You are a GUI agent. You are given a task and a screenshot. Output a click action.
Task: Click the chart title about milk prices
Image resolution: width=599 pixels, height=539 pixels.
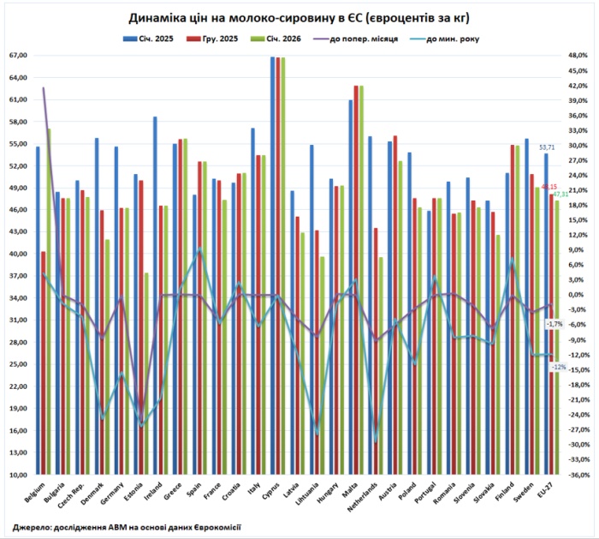pyautogui.click(x=299, y=17)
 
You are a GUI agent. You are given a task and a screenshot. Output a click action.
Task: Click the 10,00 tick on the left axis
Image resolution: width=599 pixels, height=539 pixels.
pyautogui.click(x=19, y=474)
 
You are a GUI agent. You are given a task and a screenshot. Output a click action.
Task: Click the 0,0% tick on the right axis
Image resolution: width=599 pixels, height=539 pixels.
pyautogui.click(x=579, y=295)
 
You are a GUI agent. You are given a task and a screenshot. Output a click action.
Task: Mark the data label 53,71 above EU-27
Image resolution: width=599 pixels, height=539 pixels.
pyautogui.click(x=547, y=147)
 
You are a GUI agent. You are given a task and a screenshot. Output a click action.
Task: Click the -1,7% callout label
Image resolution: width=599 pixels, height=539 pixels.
pyautogui.click(x=555, y=324)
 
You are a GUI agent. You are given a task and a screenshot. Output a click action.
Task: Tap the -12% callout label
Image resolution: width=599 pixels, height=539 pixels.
pyautogui.click(x=558, y=367)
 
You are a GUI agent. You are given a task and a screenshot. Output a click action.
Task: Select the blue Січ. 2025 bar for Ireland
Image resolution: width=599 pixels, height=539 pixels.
pyautogui.click(x=155, y=295)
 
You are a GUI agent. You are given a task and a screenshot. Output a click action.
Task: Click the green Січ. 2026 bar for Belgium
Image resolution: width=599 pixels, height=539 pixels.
pyautogui.click(x=49, y=301)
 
